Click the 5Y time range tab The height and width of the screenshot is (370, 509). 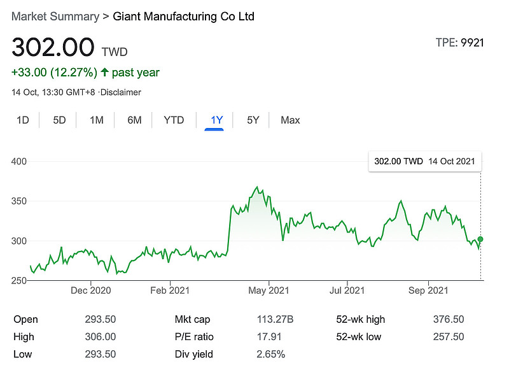point(253,120)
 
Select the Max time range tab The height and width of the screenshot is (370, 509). point(290,120)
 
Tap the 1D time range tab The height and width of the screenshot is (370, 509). point(22,120)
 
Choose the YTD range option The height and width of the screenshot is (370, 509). point(174,120)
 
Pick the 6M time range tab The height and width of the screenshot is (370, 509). point(134,120)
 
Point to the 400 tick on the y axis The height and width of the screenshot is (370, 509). point(19,162)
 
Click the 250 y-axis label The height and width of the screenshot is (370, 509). point(19,281)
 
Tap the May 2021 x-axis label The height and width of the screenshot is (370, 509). point(268,290)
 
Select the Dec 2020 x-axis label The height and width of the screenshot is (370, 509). point(91,290)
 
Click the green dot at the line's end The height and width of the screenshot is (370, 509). point(480,239)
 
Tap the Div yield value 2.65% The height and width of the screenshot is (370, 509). point(272,354)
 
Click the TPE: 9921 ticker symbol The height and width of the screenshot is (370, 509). point(459,43)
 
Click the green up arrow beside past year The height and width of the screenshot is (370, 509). point(104,73)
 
